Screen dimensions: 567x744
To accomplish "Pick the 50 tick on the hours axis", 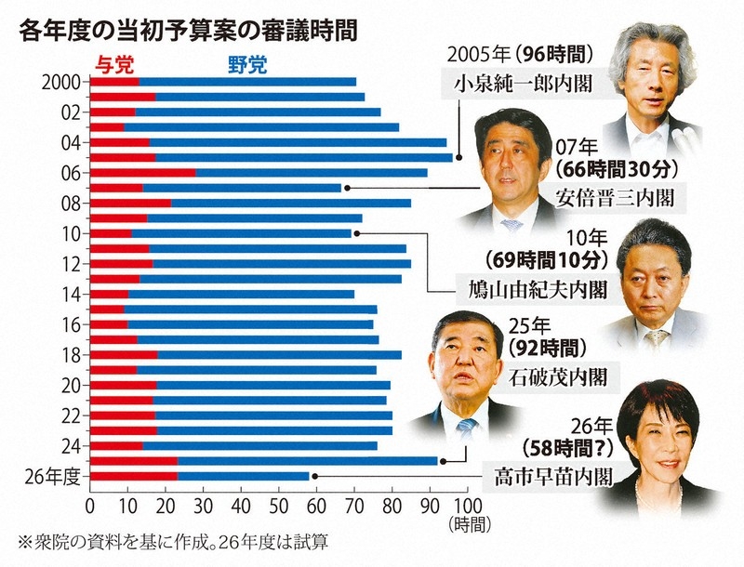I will click(x=278, y=507).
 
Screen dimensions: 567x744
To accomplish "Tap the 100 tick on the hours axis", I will click(x=469, y=507).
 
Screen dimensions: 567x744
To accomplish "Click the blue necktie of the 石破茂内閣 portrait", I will click(x=467, y=429).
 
